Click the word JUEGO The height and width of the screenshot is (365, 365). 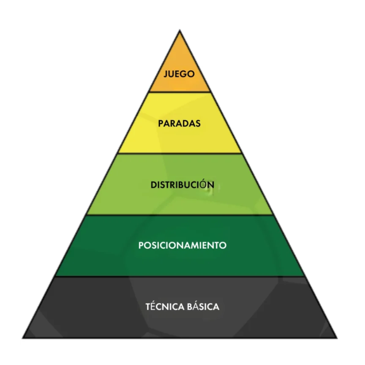tap(179, 74)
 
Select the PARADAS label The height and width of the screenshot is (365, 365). tap(179, 124)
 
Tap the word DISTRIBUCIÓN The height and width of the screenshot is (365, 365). tap(182, 184)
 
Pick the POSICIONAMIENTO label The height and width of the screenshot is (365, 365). tap(182, 245)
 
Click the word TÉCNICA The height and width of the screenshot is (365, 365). tap(165, 306)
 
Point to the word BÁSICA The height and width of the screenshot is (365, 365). tap(203, 306)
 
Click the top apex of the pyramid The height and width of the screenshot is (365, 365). tap(180, 30)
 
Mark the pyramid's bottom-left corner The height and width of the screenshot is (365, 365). tap(23, 338)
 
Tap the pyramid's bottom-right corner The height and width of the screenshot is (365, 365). tap(337, 338)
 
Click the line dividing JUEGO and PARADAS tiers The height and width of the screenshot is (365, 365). tap(180, 92)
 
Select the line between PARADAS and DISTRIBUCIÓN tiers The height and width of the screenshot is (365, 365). tap(180, 154)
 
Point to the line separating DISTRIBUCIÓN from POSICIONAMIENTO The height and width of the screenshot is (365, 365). tap(180, 215)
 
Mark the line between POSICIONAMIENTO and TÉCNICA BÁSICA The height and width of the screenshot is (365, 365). tap(180, 277)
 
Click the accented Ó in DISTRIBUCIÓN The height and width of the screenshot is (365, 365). tap(203, 184)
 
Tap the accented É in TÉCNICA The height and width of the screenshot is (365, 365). tap(152, 306)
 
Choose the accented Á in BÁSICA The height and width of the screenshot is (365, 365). tap(195, 306)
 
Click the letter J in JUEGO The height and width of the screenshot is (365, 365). tap(166, 74)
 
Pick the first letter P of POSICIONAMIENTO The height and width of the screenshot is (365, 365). tap(141, 245)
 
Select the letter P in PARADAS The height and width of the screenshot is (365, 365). tap(161, 124)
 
